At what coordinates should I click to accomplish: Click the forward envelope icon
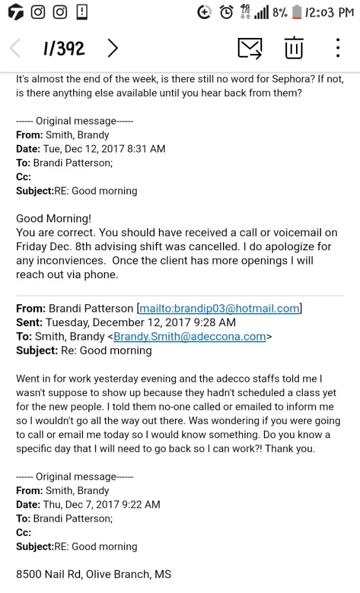point(250,47)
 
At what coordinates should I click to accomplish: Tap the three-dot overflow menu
point(337,47)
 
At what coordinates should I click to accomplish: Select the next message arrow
point(113,48)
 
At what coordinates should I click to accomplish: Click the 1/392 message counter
point(63,48)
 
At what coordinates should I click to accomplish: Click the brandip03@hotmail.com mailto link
point(219,308)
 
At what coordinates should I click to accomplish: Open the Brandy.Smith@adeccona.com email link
point(190,336)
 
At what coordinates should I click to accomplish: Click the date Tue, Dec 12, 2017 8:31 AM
point(104,149)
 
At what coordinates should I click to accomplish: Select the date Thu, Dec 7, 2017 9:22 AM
point(101,505)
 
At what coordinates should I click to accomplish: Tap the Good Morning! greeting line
point(54,218)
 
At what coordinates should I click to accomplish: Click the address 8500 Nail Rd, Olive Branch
point(93,574)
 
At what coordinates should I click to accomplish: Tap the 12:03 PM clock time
point(330,12)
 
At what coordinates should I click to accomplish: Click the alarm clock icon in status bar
point(226,12)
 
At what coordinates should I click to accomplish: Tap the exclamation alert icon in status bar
point(82,12)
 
